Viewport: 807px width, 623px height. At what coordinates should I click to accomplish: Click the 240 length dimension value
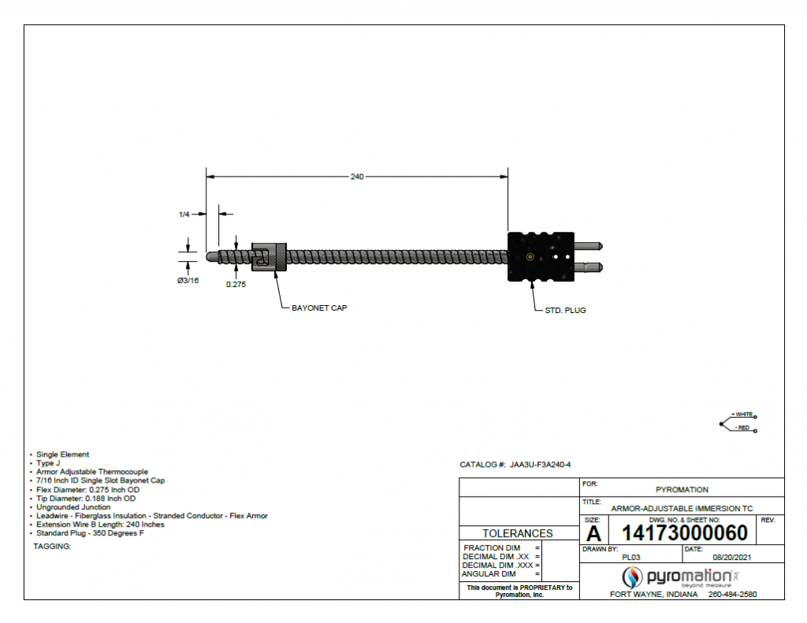pos(357,177)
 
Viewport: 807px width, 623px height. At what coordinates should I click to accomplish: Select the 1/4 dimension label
pos(184,214)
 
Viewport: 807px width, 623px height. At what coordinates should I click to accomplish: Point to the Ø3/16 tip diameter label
pos(188,281)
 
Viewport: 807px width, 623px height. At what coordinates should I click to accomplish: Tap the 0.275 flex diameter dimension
pos(236,285)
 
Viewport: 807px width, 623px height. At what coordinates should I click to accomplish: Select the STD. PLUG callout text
pos(565,310)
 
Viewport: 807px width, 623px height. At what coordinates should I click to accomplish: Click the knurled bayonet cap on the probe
pos(269,257)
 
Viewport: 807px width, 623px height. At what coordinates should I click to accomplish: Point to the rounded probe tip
pos(211,257)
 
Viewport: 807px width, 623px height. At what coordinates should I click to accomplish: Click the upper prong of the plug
pos(591,247)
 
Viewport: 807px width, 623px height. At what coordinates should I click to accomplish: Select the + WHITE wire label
pos(742,414)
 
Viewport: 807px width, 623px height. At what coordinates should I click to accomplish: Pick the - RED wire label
pos(742,427)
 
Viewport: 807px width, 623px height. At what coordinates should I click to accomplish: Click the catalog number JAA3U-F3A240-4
pos(540,465)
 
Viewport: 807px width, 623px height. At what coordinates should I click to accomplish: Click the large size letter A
pos(593,534)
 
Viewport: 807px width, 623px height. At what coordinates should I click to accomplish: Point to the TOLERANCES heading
pos(518,533)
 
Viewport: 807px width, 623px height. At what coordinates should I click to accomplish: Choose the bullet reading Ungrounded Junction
pos(73,507)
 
